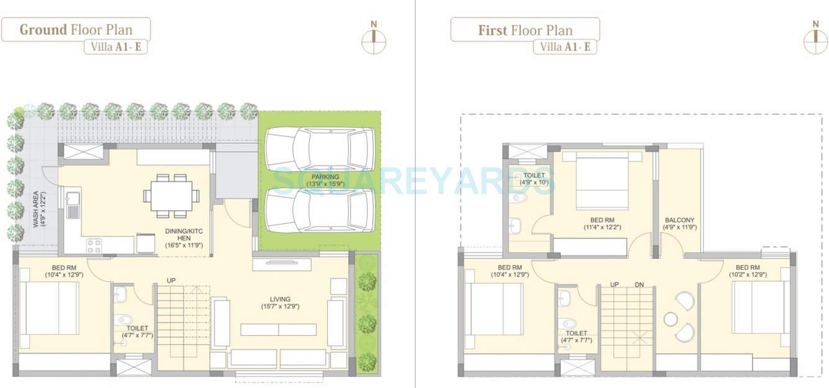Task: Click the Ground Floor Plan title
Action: pos(76,30)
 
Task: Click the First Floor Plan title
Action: pos(525,30)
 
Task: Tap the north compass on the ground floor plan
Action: pos(374,38)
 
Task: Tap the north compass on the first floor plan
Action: pos(815,38)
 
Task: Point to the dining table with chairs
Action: pos(171,196)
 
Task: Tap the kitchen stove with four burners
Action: pos(94,245)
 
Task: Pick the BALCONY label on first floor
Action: pos(679,223)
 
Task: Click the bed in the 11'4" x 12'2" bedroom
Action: pos(602,182)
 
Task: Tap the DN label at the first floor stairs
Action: pos(640,284)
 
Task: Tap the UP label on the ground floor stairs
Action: pos(171,281)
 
